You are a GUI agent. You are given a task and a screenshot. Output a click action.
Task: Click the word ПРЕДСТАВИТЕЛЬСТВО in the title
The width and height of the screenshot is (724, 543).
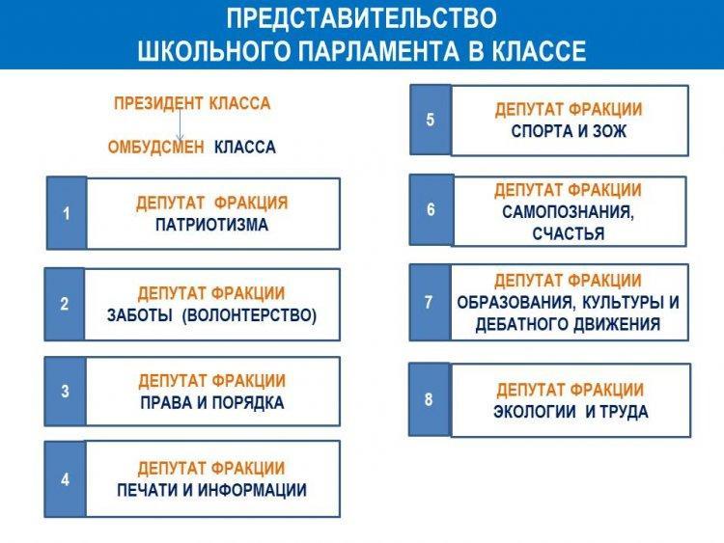pyautogui.click(x=362, y=18)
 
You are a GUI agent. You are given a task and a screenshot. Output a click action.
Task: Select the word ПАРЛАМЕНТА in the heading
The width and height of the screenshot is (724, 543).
pyautogui.click(x=378, y=51)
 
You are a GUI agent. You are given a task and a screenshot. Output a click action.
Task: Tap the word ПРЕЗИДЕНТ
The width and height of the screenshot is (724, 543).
pyautogui.click(x=159, y=103)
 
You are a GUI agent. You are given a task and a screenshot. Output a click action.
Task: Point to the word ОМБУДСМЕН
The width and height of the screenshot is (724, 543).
pyautogui.click(x=156, y=148)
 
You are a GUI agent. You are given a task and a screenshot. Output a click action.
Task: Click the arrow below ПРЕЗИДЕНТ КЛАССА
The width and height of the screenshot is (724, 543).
pyautogui.click(x=181, y=123)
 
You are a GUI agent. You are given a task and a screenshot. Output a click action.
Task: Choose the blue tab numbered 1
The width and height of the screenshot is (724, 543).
pyautogui.click(x=67, y=213)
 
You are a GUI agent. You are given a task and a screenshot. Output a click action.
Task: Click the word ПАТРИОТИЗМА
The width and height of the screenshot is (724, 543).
pyautogui.click(x=212, y=225)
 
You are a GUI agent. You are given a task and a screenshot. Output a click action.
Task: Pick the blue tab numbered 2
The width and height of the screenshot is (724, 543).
pyautogui.click(x=64, y=304)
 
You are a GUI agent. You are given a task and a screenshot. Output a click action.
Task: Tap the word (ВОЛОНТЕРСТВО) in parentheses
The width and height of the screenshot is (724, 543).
pyautogui.click(x=249, y=315)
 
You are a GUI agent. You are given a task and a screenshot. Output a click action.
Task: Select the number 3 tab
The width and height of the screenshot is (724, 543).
pyautogui.click(x=65, y=392)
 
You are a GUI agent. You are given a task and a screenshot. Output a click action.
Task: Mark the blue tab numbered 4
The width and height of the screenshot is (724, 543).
pyautogui.click(x=65, y=479)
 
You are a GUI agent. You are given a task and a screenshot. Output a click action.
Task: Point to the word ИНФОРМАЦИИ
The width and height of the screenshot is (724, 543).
pyautogui.click(x=253, y=490)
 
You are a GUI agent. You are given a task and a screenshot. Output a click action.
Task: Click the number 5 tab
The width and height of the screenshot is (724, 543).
pyautogui.click(x=431, y=120)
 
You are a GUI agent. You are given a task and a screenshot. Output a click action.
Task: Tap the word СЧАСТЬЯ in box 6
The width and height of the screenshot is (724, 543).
pyautogui.click(x=569, y=233)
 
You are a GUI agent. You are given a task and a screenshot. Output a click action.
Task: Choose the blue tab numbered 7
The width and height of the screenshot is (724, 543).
pyautogui.click(x=429, y=302)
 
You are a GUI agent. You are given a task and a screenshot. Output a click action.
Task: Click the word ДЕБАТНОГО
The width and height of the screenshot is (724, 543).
pyautogui.click(x=522, y=324)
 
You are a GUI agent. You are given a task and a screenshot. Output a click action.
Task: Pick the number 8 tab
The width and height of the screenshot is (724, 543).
pyautogui.click(x=429, y=399)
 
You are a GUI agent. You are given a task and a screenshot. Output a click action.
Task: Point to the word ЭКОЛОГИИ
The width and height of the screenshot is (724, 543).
pyautogui.click(x=535, y=411)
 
